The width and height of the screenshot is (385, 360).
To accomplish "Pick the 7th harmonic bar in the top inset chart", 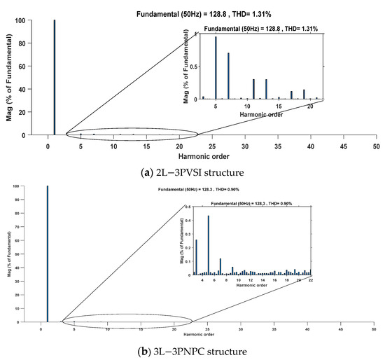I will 228,76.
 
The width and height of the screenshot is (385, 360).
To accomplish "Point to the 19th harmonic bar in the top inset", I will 304,94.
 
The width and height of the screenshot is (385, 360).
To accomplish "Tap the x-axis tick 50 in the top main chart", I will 376,146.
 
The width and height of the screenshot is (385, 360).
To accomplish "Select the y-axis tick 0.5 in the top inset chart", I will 195,67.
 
